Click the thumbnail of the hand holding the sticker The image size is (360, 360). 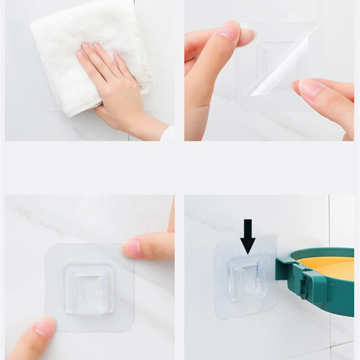coord(229,31)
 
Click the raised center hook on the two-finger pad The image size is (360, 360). coord(89,288)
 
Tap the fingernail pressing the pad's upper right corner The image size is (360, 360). coord(132,248)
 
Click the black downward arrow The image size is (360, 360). coord(248,236)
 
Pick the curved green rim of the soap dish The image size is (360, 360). coord(324,252)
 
